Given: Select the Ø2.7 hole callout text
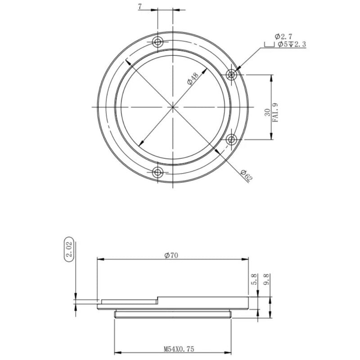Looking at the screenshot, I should tap(283, 36).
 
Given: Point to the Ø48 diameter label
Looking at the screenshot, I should tap(193, 78).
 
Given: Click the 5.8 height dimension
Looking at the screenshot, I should tap(255, 280).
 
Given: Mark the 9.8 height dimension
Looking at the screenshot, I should tap(266, 280).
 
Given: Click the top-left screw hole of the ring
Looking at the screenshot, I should tap(157, 42).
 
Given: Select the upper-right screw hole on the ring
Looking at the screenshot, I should tap(232, 74).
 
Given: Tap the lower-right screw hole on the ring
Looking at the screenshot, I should tap(232, 139).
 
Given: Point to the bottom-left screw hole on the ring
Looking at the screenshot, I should tap(157, 172).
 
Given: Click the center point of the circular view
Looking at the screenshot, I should tap(173, 107).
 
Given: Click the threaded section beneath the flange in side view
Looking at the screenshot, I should tap(173, 314).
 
